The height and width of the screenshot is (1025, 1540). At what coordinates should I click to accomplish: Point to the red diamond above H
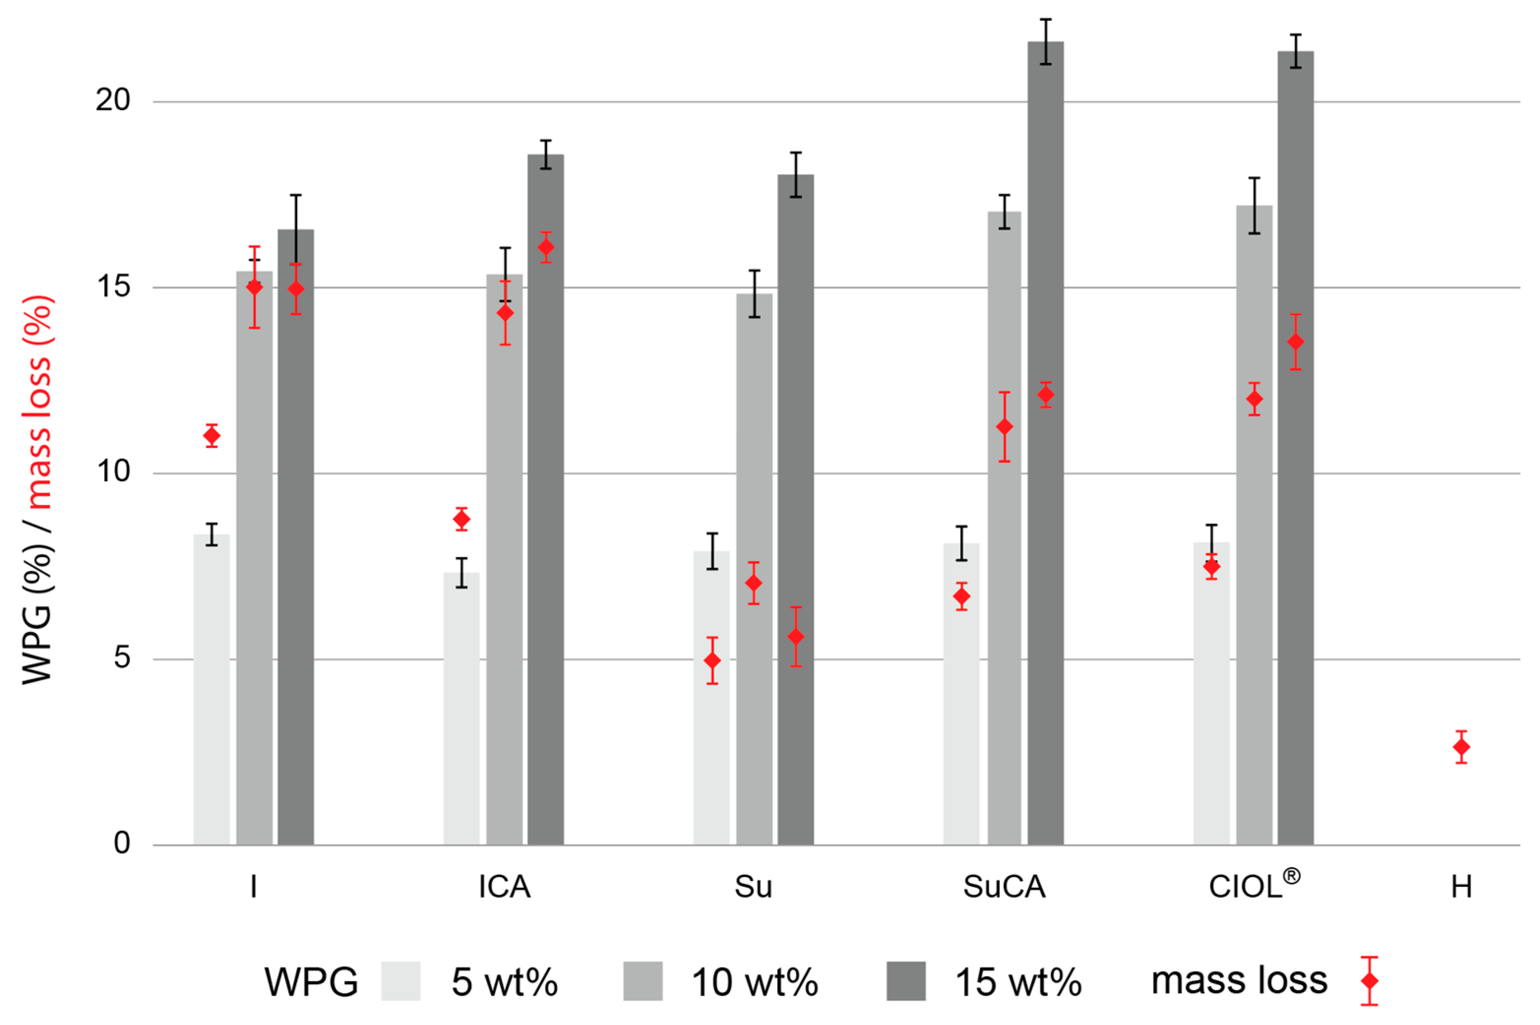(x=1461, y=747)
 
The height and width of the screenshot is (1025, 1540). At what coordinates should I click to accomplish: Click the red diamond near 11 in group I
(x=211, y=436)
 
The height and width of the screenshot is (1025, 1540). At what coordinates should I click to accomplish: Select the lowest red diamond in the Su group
(x=712, y=661)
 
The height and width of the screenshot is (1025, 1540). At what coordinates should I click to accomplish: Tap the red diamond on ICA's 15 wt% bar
(x=545, y=248)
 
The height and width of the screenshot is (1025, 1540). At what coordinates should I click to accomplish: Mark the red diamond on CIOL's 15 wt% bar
(x=1296, y=342)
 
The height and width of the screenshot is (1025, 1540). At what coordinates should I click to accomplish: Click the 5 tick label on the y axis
(x=121, y=658)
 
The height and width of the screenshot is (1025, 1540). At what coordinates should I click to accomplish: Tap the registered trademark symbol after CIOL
(x=1291, y=877)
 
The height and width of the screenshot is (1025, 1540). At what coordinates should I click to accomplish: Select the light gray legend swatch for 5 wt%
(x=400, y=981)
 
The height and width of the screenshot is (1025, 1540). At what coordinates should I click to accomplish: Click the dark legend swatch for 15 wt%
(x=906, y=981)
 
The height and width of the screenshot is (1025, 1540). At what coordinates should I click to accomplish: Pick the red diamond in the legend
(x=1369, y=981)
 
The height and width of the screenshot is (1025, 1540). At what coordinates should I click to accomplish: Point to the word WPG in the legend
(x=311, y=982)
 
